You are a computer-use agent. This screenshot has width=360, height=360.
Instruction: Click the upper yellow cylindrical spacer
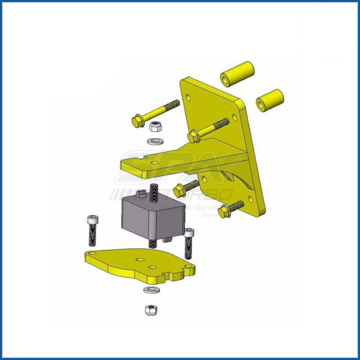point(237,74)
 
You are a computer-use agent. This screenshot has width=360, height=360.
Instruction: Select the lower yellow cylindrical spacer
point(270,100)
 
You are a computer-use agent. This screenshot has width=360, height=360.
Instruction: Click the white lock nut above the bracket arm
point(155,126)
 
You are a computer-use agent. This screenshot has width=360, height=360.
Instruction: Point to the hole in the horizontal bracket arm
point(154,163)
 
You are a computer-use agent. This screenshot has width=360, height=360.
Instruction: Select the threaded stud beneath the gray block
point(152,243)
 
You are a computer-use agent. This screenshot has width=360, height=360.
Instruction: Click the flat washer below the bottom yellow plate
point(149,290)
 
